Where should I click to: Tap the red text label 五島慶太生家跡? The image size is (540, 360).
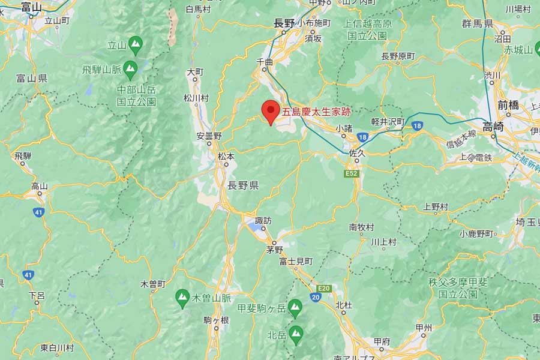click(x=316, y=112)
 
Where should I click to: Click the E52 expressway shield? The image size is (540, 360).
click(x=352, y=173)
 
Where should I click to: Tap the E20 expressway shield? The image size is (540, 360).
click(x=324, y=288)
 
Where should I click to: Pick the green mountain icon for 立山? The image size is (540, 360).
click(x=137, y=44)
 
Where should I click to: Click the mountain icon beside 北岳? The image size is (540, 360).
click(x=296, y=331)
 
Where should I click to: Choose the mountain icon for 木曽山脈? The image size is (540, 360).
click(x=182, y=297)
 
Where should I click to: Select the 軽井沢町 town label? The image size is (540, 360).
click(x=388, y=121)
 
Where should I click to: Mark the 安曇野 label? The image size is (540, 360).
click(x=209, y=136)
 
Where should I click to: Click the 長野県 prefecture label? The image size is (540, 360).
click(x=243, y=185)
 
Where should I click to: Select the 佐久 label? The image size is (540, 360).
click(x=357, y=153)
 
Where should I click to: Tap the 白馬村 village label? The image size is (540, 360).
click(x=198, y=9)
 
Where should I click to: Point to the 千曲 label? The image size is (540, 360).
click(x=265, y=62)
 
